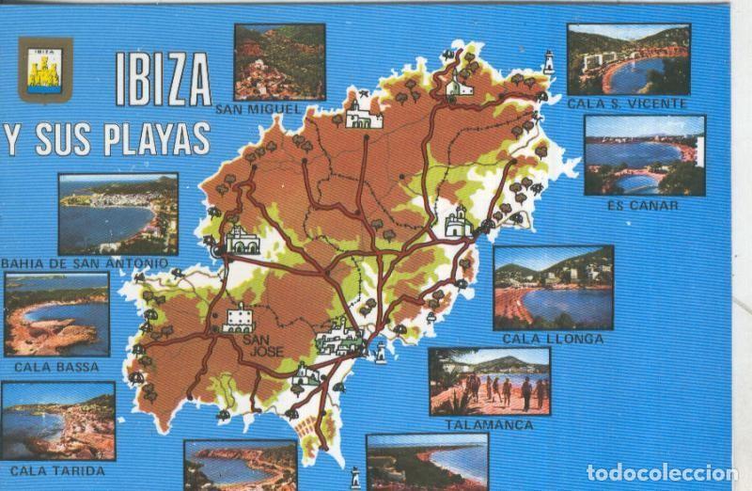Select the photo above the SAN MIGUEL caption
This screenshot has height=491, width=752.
pyautogui.click(x=279, y=61)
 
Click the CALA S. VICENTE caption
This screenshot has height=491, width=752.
pyautogui.click(x=628, y=103)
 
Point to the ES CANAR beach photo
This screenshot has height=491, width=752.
pyautogui.click(x=644, y=155)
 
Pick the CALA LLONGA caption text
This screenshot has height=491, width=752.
pyautogui.click(x=553, y=339)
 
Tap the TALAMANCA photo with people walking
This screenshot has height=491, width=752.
pyautogui.click(x=489, y=381)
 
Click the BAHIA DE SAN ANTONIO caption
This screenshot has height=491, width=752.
pyautogui.click(x=85, y=262)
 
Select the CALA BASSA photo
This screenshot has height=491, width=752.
pyautogui.click(x=56, y=314)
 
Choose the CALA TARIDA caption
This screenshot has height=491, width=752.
pyautogui.click(x=57, y=470)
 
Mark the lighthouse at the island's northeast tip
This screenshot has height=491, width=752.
pyautogui.click(x=548, y=62)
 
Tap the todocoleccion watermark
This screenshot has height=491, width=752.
pyautogui.click(x=662, y=472)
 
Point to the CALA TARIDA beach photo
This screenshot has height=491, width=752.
pyautogui.click(x=57, y=420)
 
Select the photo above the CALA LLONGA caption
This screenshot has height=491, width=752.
pyautogui.click(x=553, y=288)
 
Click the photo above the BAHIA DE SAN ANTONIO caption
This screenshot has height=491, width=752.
pyautogui.click(x=117, y=214)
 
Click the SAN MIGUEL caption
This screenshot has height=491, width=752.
pyautogui.click(x=258, y=109)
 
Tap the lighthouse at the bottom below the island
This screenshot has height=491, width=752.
pyautogui.click(x=355, y=477)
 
